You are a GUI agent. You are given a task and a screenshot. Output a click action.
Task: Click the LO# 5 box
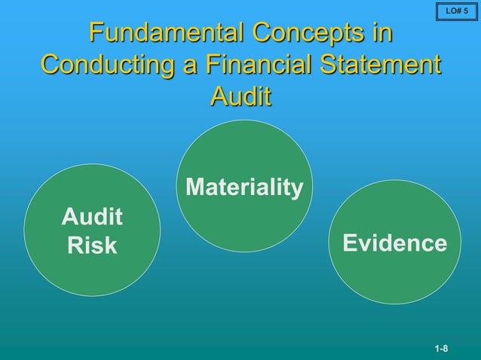coord(457,11)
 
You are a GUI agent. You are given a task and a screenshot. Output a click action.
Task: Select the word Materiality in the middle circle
coord(244,187)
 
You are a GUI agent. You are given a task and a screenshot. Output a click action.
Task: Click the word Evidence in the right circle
coord(394,243)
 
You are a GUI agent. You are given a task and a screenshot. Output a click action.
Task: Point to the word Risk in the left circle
coord(92,246)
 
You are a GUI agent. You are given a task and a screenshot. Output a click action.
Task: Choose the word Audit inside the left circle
coord(92,218)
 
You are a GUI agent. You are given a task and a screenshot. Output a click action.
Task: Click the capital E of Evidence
coord(350,243)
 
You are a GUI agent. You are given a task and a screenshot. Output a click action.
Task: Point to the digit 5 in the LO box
coord(466,11)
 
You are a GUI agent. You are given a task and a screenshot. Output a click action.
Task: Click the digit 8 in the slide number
coord(446,349)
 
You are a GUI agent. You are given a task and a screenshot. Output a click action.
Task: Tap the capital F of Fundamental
coord(96,33)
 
